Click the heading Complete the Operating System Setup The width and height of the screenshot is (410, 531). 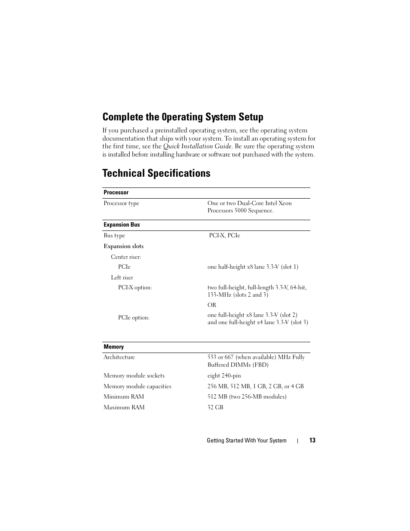(x=183, y=117)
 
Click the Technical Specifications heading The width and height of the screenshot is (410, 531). (x=156, y=173)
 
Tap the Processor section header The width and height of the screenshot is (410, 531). (x=116, y=193)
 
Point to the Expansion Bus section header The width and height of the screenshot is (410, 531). (x=122, y=225)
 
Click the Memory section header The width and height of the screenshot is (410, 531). (x=113, y=347)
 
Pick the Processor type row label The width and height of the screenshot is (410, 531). (x=121, y=203)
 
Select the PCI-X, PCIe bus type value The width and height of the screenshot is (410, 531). (x=224, y=236)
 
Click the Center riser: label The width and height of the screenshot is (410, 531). (x=126, y=257)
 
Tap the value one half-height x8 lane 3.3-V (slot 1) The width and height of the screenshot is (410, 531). (x=253, y=267)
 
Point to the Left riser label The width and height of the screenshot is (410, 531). (x=122, y=278)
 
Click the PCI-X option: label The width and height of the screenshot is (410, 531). (x=135, y=288)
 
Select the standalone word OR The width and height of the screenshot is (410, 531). (x=212, y=305)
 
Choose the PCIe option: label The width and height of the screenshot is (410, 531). (x=134, y=318)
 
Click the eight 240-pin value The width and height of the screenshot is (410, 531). (x=224, y=376)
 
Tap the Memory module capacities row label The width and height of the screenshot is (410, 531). (x=137, y=387)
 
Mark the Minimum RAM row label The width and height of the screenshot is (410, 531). (x=124, y=397)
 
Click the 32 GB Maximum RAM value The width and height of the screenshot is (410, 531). (x=215, y=408)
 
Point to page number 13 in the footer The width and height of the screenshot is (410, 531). (x=312, y=440)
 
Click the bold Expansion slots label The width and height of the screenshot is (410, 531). (x=123, y=246)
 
